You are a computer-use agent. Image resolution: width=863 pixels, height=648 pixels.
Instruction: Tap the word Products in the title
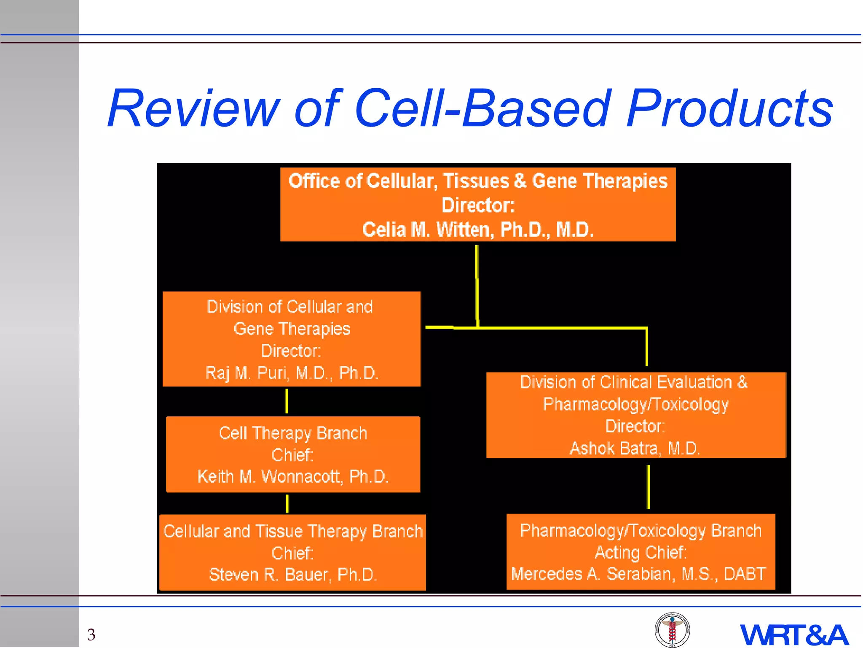pos(729,108)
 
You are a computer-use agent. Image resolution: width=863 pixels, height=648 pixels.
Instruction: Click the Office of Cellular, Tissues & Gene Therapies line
pos(478,181)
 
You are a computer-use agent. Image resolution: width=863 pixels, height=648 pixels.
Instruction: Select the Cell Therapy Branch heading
pos(293,433)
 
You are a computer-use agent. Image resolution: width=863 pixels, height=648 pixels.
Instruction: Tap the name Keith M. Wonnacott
pos(293,477)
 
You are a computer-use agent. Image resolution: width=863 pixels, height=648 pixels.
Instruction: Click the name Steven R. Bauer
pos(293,575)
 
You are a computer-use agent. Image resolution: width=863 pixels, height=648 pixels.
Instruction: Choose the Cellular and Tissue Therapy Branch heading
pos(293,531)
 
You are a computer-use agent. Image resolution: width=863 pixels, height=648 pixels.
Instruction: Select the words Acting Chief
pos(641,552)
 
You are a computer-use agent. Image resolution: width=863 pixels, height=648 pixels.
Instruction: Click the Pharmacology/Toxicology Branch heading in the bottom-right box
pos(641,531)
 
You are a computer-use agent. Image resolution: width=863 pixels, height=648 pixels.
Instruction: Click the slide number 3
pos(91,634)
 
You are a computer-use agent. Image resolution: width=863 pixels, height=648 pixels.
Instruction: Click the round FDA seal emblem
pos(672,630)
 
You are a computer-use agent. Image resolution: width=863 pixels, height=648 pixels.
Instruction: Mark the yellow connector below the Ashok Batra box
pos(648,487)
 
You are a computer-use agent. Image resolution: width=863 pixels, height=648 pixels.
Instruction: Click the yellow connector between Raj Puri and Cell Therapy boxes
pos(287,401)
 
